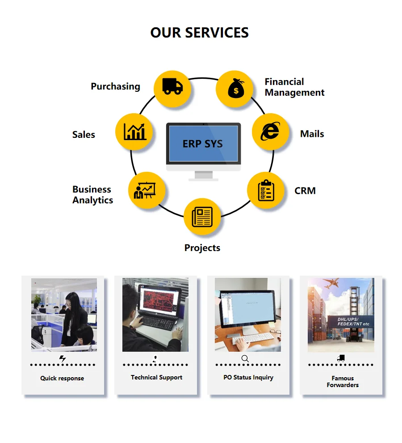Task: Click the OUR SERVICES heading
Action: tap(200, 33)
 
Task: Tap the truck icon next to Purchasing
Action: tap(172, 86)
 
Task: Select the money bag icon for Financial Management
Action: tap(236, 88)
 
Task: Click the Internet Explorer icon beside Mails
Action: tap(270, 132)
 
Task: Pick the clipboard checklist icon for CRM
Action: tap(266, 190)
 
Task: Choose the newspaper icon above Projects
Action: tap(202, 217)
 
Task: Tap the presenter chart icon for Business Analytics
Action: tap(145, 191)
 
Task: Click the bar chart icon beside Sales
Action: tap(135, 132)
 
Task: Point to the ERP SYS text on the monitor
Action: tap(202, 144)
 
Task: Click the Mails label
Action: tap(312, 134)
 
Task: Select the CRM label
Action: tap(305, 191)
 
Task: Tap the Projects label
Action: tap(202, 248)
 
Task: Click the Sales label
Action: tap(84, 135)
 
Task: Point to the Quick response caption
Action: tap(62, 378)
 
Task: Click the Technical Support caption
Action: tap(157, 378)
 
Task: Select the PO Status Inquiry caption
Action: tap(248, 378)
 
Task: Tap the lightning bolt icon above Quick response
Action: tap(63, 358)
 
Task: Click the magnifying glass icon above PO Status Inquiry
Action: tap(245, 358)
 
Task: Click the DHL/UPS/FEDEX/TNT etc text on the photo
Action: tap(353, 322)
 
